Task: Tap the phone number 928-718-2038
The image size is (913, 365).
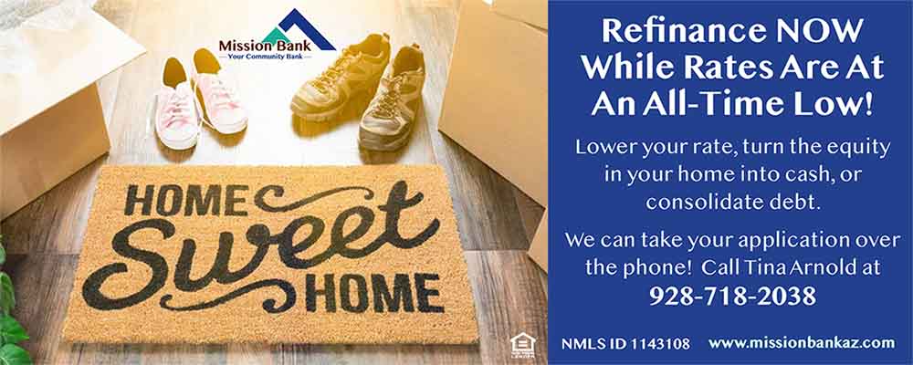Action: pyautogui.click(x=732, y=297)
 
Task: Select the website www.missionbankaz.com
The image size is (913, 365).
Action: pyautogui.click(x=802, y=343)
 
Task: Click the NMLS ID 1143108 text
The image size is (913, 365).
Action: pyautogui.click(x=625, y=343)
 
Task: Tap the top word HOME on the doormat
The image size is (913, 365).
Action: pyautogui.click(x=186, y=202)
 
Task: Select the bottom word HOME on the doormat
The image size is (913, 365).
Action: pyautogui.click(x=373, y=292)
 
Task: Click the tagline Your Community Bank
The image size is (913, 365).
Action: pyautogui.click(x=265, y=56)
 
